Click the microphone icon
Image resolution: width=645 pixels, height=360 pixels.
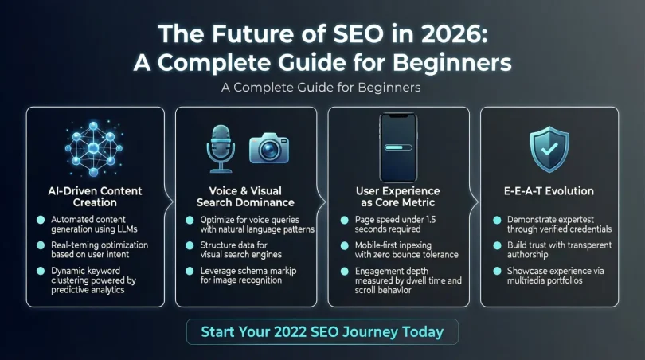221,148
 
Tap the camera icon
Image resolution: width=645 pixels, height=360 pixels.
269,147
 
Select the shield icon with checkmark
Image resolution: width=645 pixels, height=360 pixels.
549,149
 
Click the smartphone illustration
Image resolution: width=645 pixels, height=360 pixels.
398,147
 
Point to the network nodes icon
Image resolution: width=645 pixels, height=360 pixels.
94,148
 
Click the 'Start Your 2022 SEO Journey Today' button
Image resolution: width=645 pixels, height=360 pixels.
322,331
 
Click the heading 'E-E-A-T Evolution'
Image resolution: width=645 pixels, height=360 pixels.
549,191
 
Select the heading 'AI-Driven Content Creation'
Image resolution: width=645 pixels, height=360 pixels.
95,197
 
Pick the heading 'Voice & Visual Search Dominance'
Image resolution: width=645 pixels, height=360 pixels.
245,197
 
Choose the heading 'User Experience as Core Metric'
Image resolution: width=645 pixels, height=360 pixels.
398,197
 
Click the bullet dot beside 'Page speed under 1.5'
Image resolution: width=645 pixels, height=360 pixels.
345,220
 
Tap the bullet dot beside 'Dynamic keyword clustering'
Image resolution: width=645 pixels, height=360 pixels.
41,271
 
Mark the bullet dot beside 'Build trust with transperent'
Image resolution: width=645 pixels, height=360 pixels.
497,245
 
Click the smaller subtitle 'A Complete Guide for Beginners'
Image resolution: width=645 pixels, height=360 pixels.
321,88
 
